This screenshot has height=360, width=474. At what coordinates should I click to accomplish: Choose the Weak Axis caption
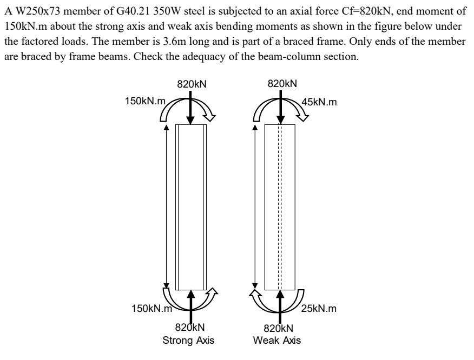click(x=279, y=341)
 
